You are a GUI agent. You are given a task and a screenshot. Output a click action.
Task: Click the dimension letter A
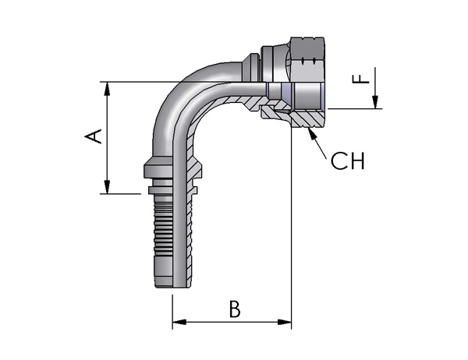93,136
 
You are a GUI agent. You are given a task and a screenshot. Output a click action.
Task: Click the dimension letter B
235,309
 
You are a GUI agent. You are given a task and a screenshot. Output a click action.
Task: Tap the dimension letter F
361,79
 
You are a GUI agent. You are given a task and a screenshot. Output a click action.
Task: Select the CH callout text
348,161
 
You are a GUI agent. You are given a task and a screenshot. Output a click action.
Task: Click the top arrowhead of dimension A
107,89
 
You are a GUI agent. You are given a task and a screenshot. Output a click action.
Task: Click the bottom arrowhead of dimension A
107,187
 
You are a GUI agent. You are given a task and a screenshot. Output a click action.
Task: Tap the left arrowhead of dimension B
179,322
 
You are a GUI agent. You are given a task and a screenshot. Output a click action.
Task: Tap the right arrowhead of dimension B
284,322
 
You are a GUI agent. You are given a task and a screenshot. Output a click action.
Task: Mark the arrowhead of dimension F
375,102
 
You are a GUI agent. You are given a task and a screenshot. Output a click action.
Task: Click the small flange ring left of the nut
250,68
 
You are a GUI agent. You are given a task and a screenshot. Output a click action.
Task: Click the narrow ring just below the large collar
160,189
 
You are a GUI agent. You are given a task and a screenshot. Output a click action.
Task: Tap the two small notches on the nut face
308,61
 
